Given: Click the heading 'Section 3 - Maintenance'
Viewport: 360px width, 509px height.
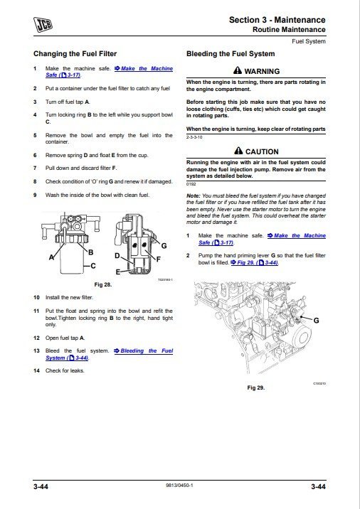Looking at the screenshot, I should pos(277,20).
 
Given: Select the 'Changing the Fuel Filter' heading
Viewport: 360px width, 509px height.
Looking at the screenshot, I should pos(75,53).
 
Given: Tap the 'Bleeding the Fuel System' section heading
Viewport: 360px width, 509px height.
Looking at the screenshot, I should pos(230,53).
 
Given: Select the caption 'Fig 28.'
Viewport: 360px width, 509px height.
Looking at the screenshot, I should pos(103,284).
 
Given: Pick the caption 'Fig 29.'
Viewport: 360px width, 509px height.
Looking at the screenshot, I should pos(255,387).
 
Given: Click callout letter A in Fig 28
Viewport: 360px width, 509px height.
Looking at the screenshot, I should pos(51,259).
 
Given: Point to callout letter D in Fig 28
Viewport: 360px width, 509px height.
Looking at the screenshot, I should pos(117,254).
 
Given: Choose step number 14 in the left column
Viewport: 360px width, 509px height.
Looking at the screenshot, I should pos(36,370).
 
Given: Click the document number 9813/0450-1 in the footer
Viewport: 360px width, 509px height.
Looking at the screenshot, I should pos(179,486).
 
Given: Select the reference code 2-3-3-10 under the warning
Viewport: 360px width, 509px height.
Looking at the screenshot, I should pos(194,136).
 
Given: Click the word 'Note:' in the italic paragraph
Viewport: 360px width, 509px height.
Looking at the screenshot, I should pos(193,195).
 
